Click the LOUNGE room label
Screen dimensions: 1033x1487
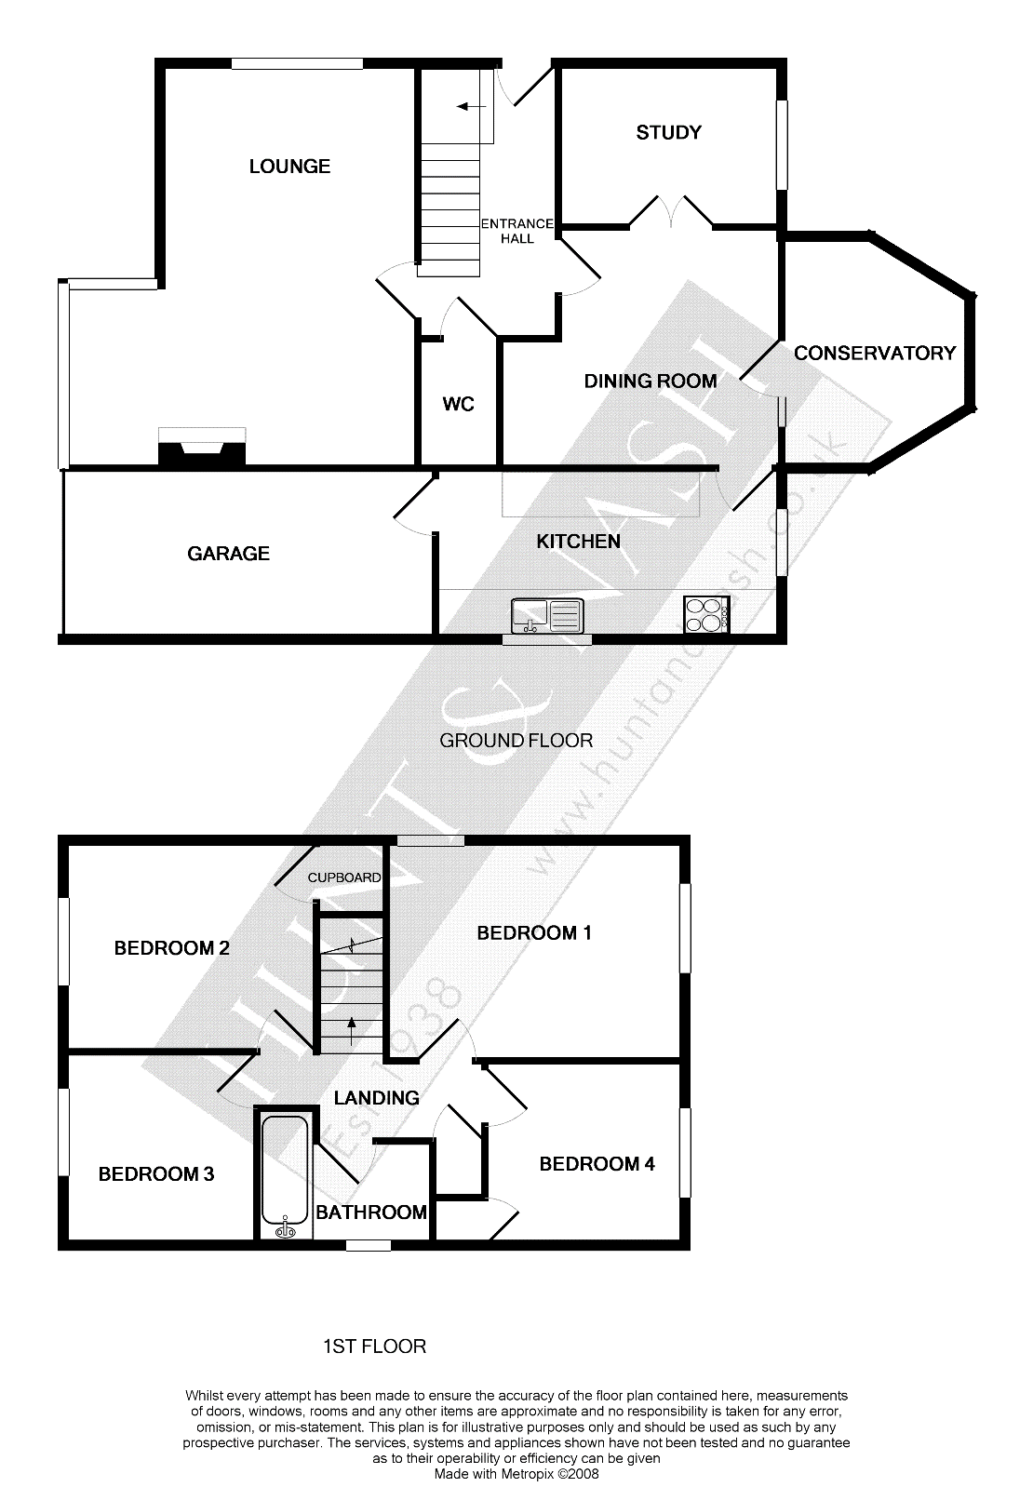pyautogui.click(x=289, y=166)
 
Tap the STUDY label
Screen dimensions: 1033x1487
pyautogui.click(x=668, y=133)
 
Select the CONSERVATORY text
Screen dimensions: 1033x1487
pyautogui.click(x=875, y=354)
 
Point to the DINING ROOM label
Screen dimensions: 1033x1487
pyautogui.click(x=651, y=381)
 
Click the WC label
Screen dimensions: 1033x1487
pyautogui.click(x=459, y=404)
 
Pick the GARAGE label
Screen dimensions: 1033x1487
pyautogui.click(x=228, y=554)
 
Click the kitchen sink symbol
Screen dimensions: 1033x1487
pyautogui.click(x=548, y=615)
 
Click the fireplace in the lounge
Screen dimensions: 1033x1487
pyautogui.click(x=202, y=446)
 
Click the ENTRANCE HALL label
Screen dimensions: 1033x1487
pyautogui.click(x=517, y=231)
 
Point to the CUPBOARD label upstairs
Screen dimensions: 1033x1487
pyautogui.click(x=344, y=877)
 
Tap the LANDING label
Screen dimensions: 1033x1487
pyautogui.click(x=376, y=1098)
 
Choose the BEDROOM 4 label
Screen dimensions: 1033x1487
pyautogui.click(x=597, y=1164)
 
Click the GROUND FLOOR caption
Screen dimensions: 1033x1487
pyautogui.click(x=516, y=740)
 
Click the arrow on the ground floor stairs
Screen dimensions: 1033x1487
pyautogui.click(x=472, y=106)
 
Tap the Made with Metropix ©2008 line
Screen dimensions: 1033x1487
pyautogui.click(x=516, y=1474)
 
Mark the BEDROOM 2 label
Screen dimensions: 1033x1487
pyautogui.click(x=172, y=948)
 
